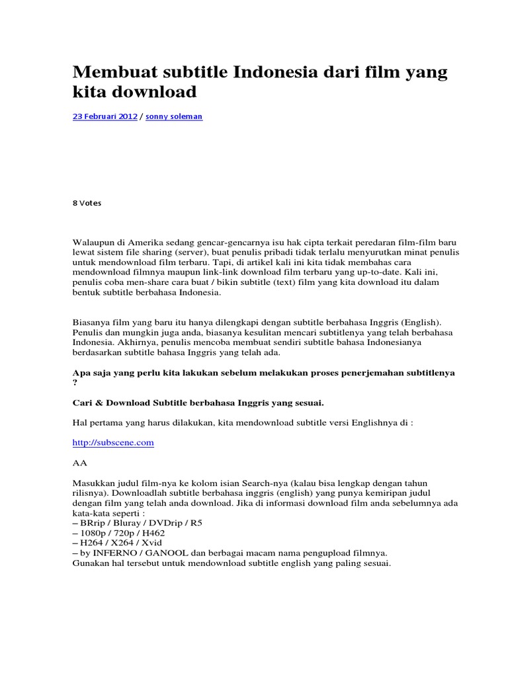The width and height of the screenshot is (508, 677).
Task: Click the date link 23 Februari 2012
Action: pos(105,116)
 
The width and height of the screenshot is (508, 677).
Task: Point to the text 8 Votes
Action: pos(87,203)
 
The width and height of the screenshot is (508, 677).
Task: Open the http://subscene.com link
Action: pos(112,442)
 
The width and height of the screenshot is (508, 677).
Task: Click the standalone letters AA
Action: pos(79,463)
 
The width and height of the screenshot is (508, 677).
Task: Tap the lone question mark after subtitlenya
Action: pos(75,382)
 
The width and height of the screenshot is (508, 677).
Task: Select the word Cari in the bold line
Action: pos(82,402)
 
